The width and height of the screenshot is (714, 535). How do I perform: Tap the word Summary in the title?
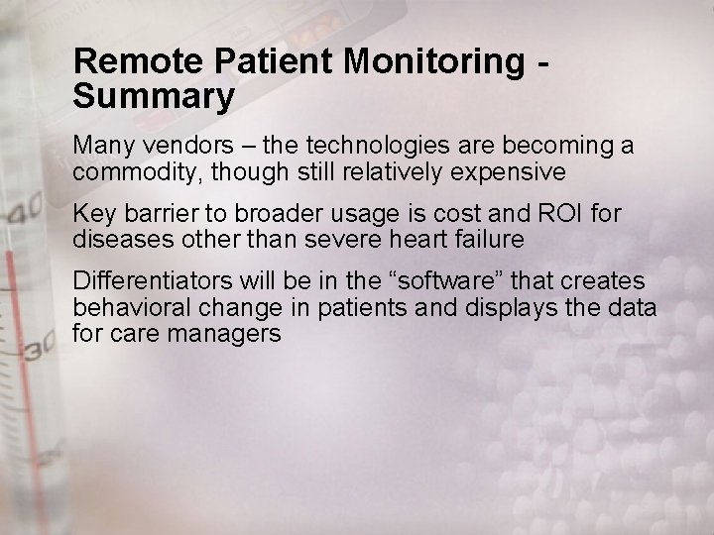tap(154, 97)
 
